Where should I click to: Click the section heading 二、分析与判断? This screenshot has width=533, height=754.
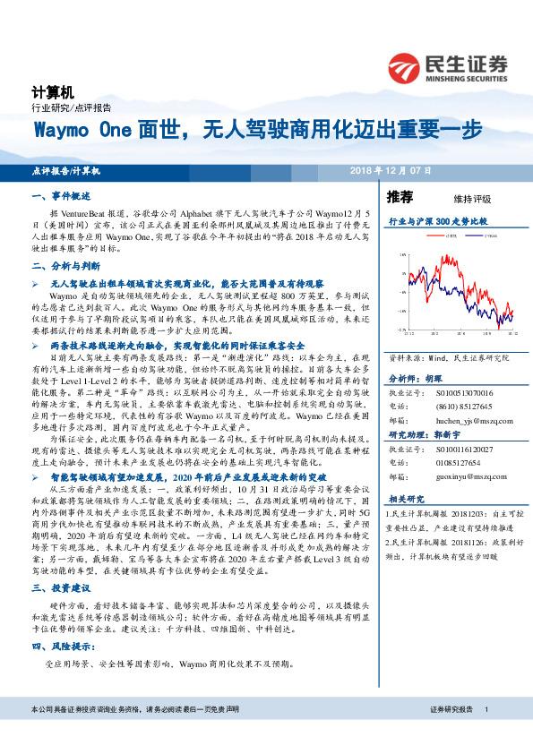click(64, 267)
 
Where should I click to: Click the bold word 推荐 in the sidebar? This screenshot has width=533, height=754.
click(400, 197)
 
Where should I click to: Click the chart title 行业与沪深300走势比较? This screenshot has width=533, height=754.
click(437, 220)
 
